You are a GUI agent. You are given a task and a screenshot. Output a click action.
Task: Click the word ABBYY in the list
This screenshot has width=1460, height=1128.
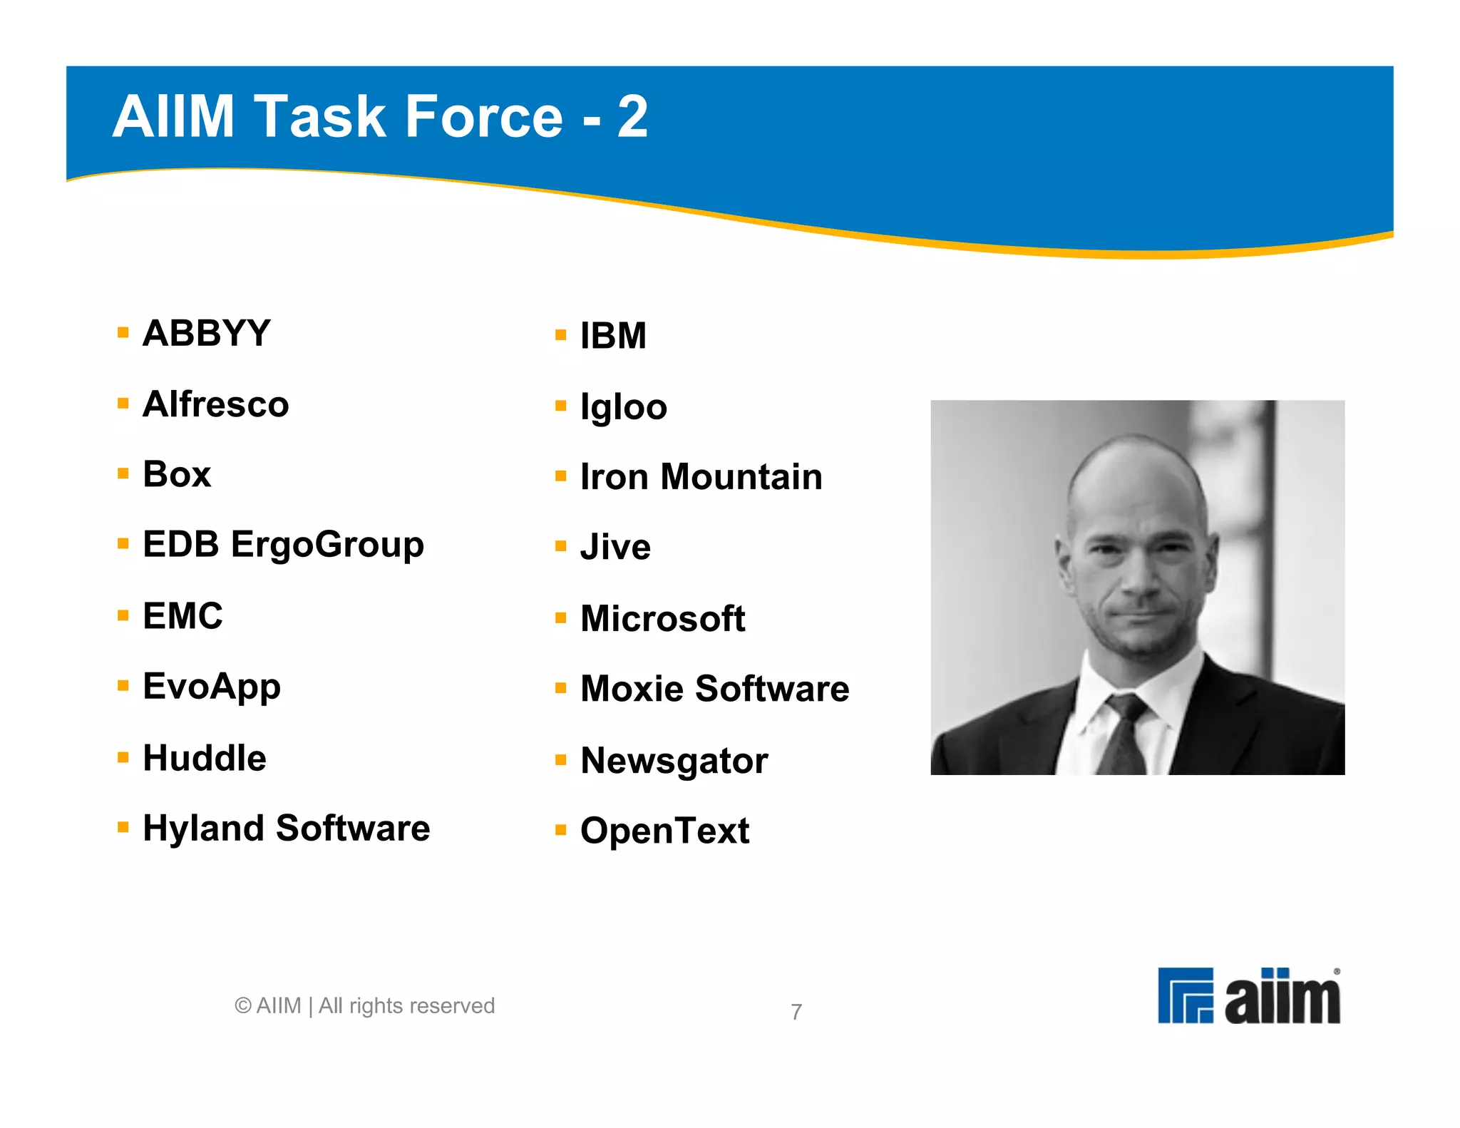tap(206, 333)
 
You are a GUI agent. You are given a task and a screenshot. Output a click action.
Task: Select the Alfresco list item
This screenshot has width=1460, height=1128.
tap(215, 404)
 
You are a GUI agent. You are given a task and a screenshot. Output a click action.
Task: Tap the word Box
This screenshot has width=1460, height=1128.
tap(177, 474)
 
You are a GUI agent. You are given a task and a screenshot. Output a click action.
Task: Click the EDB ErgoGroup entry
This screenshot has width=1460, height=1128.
tap(283, 545)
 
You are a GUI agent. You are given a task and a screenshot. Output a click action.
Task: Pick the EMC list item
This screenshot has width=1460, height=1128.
tap(182, 615)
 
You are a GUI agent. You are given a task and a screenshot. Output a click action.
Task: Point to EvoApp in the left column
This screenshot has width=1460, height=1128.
tap(211, 686)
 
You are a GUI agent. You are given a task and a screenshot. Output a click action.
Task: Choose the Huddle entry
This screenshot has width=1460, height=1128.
tap(205, 757)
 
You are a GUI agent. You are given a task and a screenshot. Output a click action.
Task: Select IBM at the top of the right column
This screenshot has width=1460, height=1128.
tap(613, 336)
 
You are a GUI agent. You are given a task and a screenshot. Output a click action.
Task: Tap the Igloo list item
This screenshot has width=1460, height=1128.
tap(624, 407)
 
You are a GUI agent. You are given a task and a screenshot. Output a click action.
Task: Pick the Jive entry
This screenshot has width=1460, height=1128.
tap(615, 547)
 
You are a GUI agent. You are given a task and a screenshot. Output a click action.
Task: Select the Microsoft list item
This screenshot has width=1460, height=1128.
tap(662, 618)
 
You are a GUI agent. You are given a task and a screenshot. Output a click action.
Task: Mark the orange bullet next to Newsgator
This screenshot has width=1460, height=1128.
tap(561, 759)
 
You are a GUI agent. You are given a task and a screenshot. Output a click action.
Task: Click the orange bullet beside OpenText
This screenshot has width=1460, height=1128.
tap(561, 830)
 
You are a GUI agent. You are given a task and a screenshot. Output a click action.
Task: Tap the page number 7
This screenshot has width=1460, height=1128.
tap(796, 1012)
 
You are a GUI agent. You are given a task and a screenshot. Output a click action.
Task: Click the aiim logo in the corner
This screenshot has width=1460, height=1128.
tap(1248, 995)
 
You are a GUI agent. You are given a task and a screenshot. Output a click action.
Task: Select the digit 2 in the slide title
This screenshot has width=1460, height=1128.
tap(632, 116)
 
